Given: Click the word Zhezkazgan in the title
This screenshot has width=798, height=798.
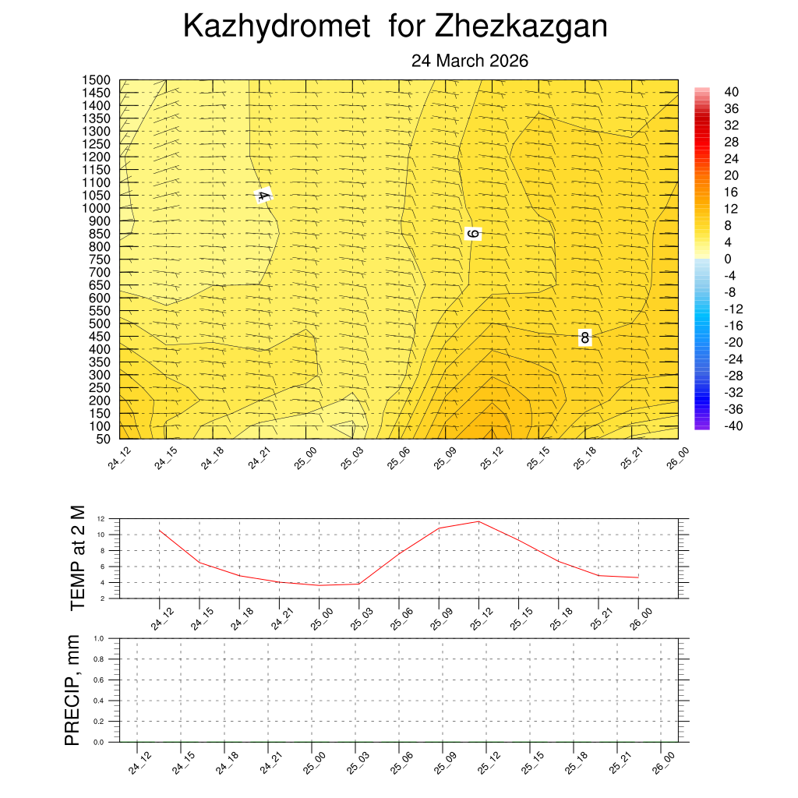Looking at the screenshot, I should coord(521,27).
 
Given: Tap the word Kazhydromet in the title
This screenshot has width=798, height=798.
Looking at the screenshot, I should coord(277,27).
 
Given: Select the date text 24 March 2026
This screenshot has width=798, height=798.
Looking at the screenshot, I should coord(470,61).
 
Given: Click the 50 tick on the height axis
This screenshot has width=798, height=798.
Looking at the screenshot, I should coord(102,439).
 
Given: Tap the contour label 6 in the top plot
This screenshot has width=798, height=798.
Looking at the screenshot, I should coord(473,233).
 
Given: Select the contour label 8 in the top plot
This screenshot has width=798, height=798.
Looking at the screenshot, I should coord(584,338).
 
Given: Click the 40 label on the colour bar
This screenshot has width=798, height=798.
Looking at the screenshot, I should coord(731,91).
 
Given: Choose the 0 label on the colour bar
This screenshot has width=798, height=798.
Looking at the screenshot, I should coord(728,259).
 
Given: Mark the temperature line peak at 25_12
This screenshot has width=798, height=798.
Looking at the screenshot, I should coord(478,521).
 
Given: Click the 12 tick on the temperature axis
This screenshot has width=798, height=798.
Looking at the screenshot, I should coord(101,518).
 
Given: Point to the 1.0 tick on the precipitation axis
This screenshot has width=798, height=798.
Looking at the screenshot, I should coord(98,638).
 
